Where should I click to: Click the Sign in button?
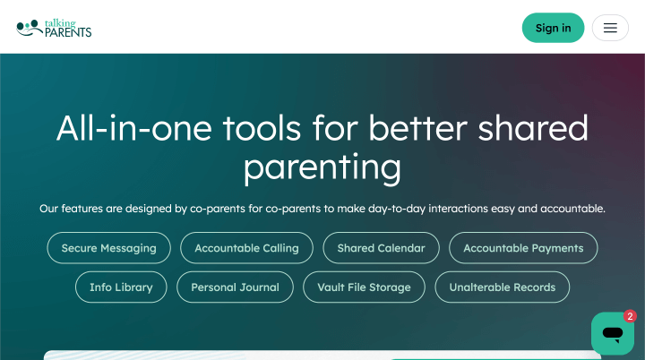(553, 28)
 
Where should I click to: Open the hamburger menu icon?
(610, 28)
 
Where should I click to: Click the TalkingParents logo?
(54, 28)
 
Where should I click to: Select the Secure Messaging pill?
(108, 248)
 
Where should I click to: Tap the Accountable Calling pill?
(246, 248)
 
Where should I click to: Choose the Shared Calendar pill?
(381, 248)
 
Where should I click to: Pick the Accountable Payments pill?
(523, 248)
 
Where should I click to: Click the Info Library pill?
(121, 287)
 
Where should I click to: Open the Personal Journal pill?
(235, 287)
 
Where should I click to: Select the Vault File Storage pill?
(364, 287)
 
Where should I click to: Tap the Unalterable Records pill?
(502, 287)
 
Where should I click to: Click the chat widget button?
(613, 334)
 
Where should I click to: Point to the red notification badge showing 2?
(630, 316)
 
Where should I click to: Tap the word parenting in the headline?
(322, 168)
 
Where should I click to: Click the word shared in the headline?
(533, 128)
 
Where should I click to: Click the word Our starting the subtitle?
(49, 209)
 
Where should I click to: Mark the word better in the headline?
(418, 128)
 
